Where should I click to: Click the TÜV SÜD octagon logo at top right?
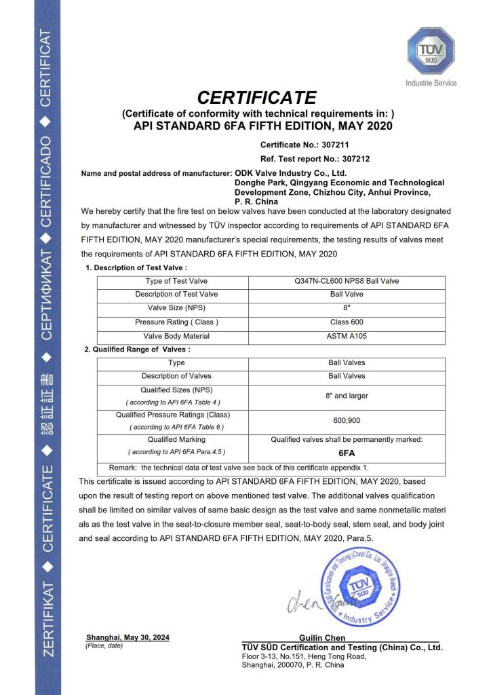point(431,50)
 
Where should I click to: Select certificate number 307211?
point(335,145)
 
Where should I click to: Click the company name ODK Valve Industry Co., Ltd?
point(290,173)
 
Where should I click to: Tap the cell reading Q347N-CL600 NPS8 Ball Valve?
point(347,281)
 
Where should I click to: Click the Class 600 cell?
point(347,322)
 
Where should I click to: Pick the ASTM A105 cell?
point(347,336)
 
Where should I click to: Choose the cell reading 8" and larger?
point(347,394)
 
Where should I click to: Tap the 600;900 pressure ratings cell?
point(347,420)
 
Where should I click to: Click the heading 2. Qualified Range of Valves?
point(137,350)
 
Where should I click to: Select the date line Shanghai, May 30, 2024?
point(127,637)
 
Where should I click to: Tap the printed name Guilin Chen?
point(322,638)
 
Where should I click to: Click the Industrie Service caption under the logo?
point(431,83)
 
